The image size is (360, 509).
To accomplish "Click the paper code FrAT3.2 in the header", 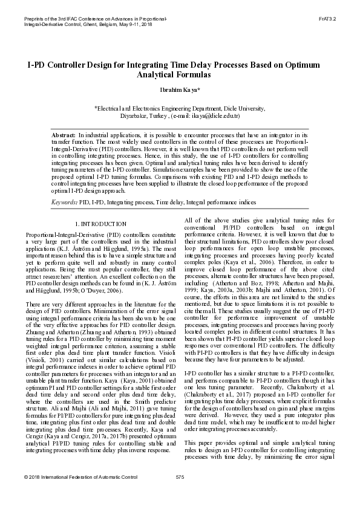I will click(x=327, y=19).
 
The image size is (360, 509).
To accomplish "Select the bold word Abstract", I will click(x=64, y=135).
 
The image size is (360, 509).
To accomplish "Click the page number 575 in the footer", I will click(x=180, y=494).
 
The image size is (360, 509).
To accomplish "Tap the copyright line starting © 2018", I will click(x=81, y=494).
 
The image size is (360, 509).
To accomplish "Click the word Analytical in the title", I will click(x=157, y=74).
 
